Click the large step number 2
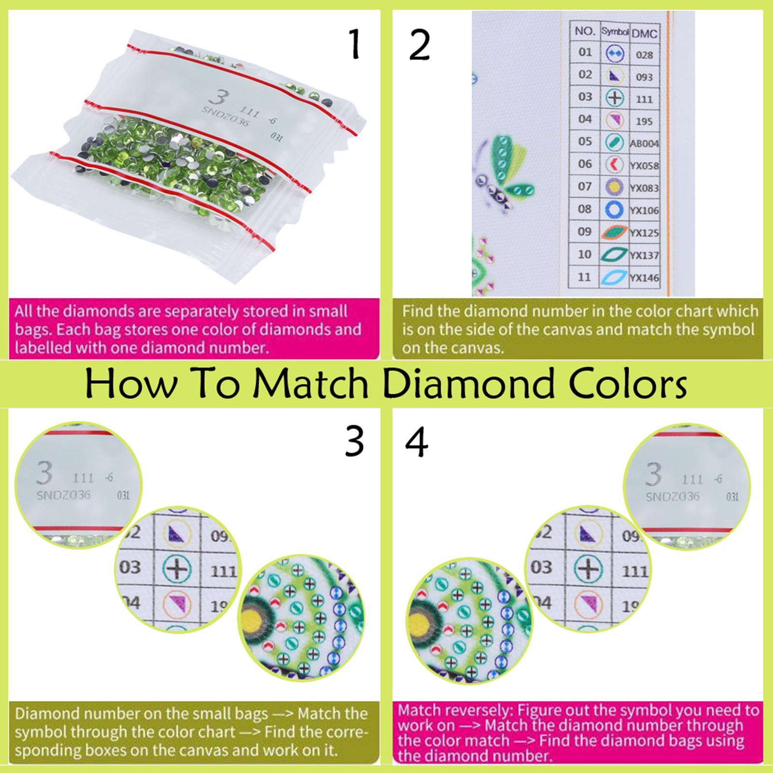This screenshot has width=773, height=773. [419, 46]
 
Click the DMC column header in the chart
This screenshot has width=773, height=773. [644, 33]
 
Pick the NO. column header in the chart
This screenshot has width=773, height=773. [585, 31]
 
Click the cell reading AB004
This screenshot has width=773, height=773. [644, 143]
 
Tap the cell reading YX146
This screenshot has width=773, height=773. [644, 277]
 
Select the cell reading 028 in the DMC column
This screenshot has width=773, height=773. [644, 55]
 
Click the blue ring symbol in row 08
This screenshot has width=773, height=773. [615, 210]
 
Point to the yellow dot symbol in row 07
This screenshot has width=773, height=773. [615, 187]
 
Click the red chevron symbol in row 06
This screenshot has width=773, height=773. [615, 165]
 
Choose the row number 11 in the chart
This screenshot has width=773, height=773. [585, 277]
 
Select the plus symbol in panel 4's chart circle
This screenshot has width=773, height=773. [587, 568]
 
